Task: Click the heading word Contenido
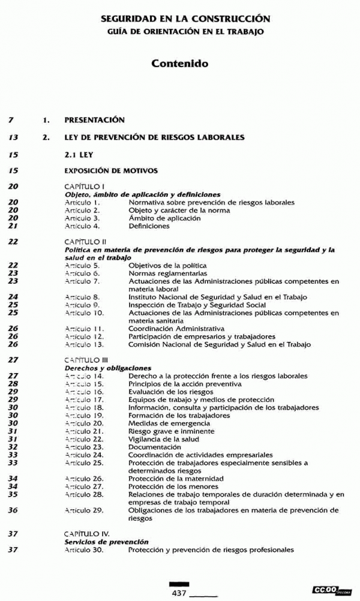click(x=179, y=62)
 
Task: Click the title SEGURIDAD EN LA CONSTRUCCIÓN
click(x=185, y=19)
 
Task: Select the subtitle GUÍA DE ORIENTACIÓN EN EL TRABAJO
click(x=185, y=31)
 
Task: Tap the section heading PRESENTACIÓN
click(x=94, y=120)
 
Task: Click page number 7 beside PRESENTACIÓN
click(x=12, y=120)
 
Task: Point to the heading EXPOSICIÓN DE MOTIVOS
click(x=111, y=171)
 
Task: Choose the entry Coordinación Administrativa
click(x=176, y=329)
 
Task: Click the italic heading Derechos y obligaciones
click(x=107, y=368)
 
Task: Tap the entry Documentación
click(x=154, y=447)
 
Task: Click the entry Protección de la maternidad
click(x=176, y=479)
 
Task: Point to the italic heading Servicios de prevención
click(x=106, y=542)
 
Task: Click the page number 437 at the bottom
click(x=179, y=592)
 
